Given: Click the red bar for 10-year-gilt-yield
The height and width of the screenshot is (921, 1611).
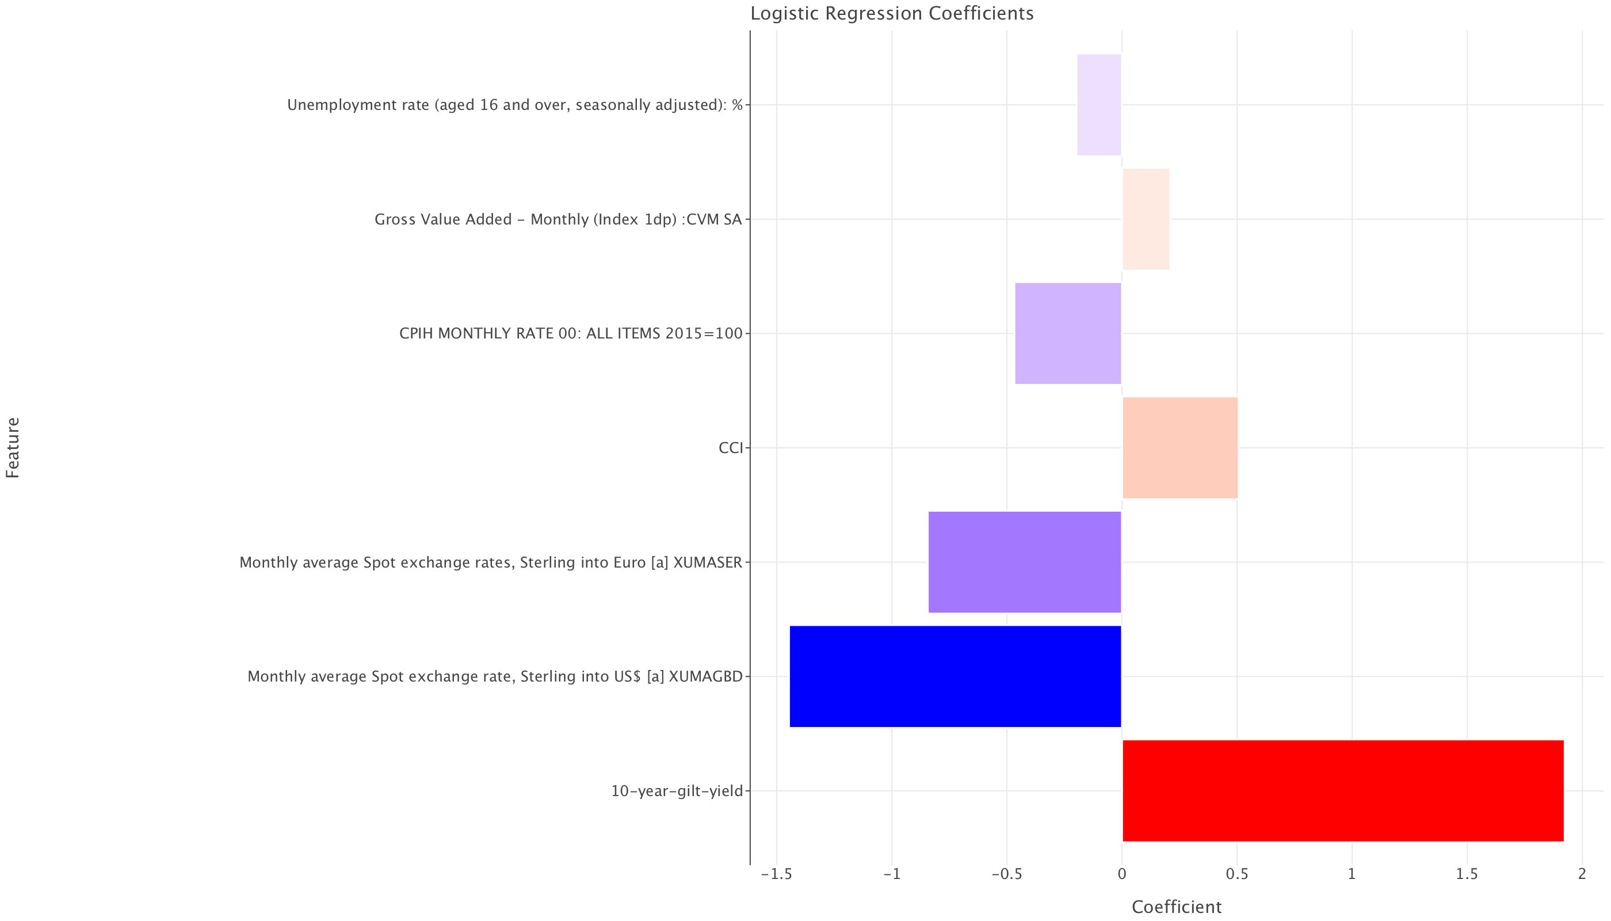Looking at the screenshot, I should click(1342, 791).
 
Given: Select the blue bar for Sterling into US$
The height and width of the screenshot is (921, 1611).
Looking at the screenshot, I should click(955, 676).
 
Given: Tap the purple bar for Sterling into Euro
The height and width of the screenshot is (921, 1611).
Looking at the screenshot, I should click(1024, 562).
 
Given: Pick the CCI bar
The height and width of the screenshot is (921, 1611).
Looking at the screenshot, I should click(1180, 448).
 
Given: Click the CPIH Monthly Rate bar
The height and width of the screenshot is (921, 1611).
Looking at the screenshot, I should click(1068, 333).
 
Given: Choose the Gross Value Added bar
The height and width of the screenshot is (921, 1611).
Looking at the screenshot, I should click(1146, 219).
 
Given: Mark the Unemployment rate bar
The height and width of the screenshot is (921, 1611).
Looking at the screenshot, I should click(1099, 105).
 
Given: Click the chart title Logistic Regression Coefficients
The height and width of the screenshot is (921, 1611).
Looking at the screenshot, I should click(891, 13).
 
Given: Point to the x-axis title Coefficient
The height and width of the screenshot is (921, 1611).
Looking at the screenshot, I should click(1176, 907).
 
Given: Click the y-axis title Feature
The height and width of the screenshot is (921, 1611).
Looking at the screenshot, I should click(13, 448).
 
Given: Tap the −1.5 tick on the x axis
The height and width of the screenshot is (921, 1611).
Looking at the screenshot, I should click(776, 874).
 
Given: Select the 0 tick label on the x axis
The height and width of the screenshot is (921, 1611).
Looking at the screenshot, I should click(1121, 874).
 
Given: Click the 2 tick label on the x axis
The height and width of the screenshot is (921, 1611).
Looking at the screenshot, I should click(1582, 874).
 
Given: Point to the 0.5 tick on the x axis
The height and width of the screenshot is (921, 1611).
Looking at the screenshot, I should click(1236, 874).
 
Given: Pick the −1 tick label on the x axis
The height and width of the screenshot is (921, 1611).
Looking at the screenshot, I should click(891, 874).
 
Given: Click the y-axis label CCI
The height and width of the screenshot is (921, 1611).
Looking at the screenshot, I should click(730, 448).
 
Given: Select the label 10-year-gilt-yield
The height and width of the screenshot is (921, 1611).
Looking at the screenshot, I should click(676, 791).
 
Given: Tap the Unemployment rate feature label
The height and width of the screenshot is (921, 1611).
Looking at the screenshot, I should click(515, 105).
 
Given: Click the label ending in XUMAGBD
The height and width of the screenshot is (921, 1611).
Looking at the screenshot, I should click(494, 677).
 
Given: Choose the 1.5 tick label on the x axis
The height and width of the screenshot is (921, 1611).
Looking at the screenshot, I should click(1467, 874).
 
